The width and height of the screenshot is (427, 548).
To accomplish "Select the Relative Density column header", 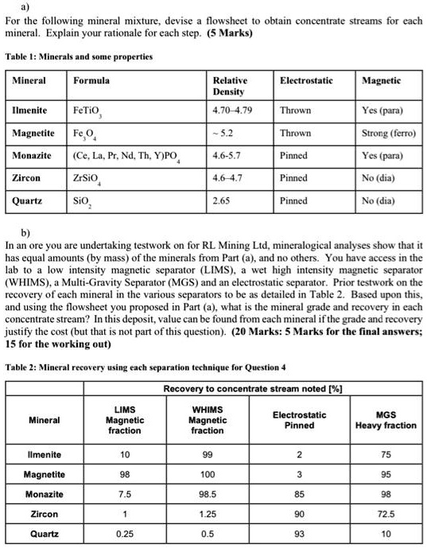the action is coord(230,86).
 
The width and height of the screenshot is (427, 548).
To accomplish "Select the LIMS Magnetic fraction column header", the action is coord(124,419).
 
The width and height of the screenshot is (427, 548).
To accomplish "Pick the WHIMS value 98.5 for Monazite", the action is coord(207,494).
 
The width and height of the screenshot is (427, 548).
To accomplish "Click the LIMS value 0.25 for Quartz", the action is coord(124,534).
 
